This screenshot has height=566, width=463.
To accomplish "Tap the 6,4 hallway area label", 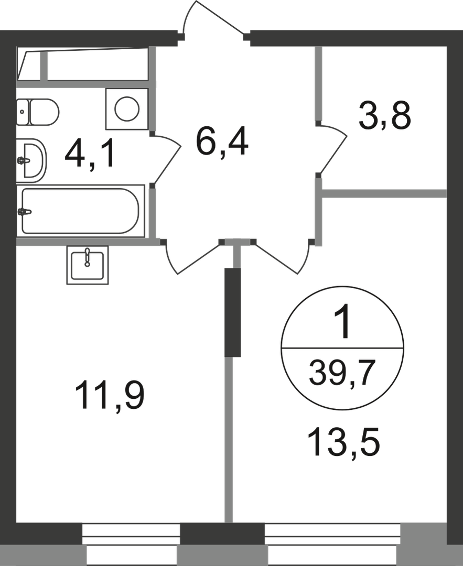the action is [x=221, y=141].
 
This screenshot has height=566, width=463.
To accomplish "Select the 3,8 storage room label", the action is [x=385, y=115].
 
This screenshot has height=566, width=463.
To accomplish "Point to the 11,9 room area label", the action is [x=110, y=396].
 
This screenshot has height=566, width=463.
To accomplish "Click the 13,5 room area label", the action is [x=343, y=442].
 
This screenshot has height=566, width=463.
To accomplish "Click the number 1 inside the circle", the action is [x=342, y=321].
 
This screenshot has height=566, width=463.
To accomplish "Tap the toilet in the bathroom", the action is [x=38, y=112].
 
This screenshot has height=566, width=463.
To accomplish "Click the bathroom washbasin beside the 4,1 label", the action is [x=32, y=160].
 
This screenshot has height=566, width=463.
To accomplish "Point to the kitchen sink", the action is [x=88, y=265].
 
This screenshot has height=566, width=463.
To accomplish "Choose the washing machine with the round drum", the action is [x=127, y=108].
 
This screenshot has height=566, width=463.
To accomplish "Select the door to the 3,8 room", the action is [x=332, y=149].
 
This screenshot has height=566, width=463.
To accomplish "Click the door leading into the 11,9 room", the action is [x=192, y=257].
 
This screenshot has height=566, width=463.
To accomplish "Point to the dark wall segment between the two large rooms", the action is [x=233, y=312].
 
